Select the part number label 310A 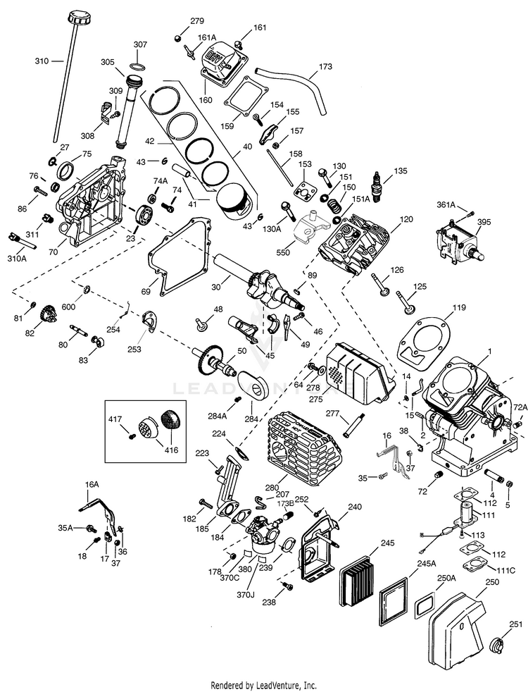click(x=17, y=259)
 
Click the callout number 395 click(x=484, y=222)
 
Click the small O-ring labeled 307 click(x=138, y=66)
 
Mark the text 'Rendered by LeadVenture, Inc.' click(x=263, y=686)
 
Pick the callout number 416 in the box click(x=172, y=450)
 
